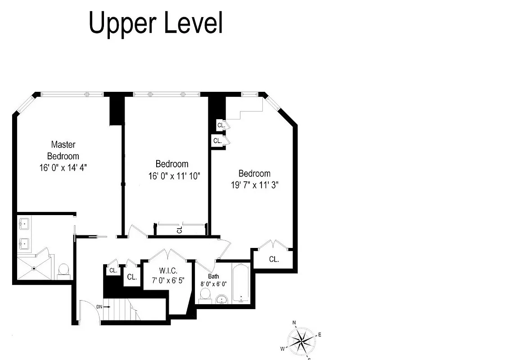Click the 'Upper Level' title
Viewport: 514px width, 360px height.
pos(156,23)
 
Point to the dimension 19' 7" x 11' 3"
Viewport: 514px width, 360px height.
pos(255,184)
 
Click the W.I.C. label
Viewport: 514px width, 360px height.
pos(168,271)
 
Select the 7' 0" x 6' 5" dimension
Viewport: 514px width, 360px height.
pos(168,280)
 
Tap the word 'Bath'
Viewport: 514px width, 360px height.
pos(213,276)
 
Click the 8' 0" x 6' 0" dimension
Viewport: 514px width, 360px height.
pos(213,284)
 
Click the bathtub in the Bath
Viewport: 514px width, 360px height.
pos(241,283)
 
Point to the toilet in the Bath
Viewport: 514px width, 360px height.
pos(206,295)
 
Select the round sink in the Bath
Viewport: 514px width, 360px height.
pos(221,299)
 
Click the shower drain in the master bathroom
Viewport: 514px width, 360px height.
pos(34,269)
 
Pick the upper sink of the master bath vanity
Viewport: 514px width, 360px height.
pos(24,223)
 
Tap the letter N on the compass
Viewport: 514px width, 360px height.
pos(294,323)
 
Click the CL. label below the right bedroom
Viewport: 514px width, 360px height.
pos(274,259)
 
